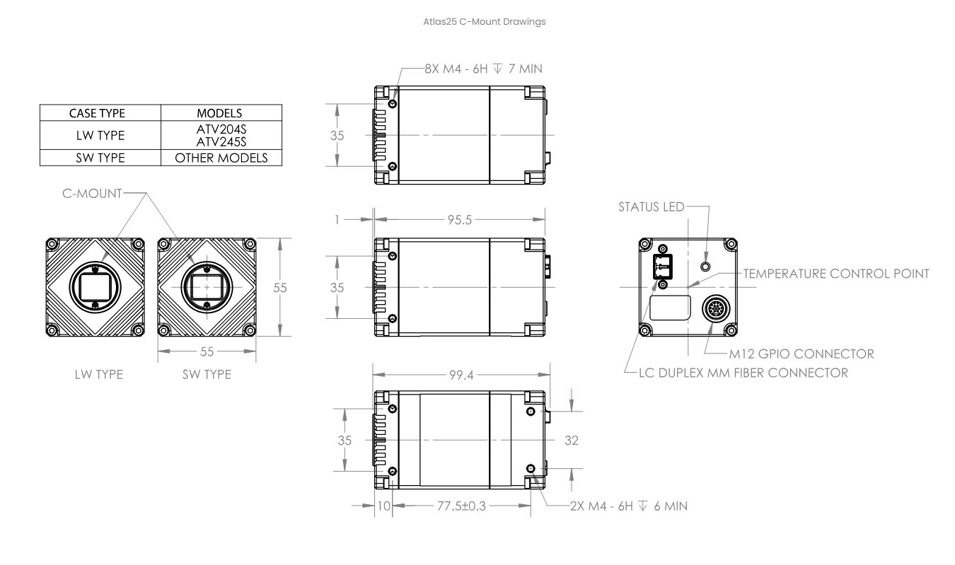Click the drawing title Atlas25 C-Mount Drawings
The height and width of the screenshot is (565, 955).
tap(485, 22)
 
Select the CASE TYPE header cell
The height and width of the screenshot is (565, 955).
tap(100, 113)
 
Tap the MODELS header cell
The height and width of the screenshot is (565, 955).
tap(221, 113)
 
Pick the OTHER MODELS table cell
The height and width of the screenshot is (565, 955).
tap(221, 158)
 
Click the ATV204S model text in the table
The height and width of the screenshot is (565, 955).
tap(221, 129)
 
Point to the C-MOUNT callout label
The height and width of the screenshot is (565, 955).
tap(92, 194)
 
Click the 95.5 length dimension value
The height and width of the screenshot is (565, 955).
tap(460, 220)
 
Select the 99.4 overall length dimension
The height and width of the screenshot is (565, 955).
tap(461, 375)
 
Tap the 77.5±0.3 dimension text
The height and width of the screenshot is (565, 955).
tap(461, 506)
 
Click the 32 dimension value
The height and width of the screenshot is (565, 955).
tap(572, 440)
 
